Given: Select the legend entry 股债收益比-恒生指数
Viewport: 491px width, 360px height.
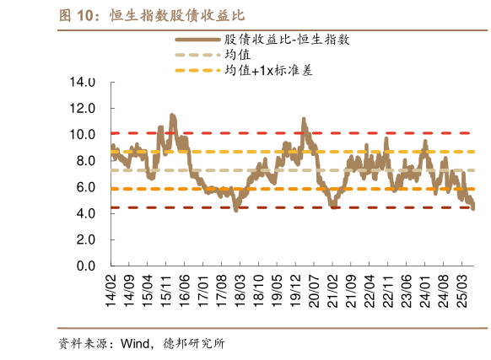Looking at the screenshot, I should point(288,40).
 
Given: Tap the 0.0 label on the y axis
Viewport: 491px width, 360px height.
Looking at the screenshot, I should point(86,266).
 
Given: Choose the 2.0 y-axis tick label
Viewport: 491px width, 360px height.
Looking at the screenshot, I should point(86,240).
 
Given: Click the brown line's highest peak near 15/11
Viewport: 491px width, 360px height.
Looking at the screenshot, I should point(172,115).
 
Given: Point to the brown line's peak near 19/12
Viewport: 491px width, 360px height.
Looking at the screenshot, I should point(304,119).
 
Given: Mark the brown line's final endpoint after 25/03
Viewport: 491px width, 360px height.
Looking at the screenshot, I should point(473,209).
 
